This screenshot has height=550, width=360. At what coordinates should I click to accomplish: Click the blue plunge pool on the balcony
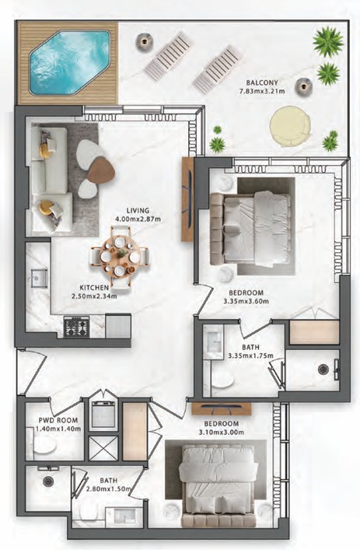(69, 62)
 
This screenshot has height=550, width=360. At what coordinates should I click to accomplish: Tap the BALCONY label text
(262, 82)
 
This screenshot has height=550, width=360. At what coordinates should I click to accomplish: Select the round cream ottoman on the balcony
(290, 126)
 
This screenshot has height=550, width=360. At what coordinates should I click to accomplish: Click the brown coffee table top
(101, 170)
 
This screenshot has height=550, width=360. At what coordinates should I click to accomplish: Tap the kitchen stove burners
(76, 326)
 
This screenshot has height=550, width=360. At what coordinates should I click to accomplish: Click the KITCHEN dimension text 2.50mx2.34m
(94, 296)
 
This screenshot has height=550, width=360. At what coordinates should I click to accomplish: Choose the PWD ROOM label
(58, 420)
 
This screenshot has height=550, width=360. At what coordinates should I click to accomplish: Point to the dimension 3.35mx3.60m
(246, 301)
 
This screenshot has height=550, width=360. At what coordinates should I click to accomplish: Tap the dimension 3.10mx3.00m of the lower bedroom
(221, 433)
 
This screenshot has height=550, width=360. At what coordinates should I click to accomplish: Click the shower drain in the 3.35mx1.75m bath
(323, 369)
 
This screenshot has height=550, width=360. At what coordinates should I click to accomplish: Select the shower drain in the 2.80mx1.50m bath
(48, 481)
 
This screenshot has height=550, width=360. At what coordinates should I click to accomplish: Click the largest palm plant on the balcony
(328, 41)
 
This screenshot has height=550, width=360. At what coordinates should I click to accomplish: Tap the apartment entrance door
(32, 371)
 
